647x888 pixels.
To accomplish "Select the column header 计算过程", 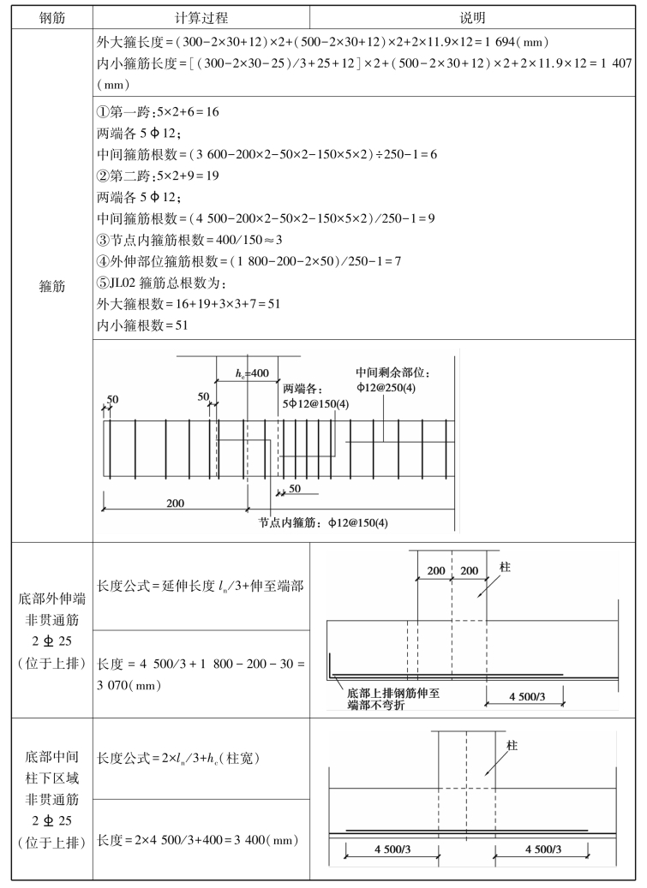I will (200, 17).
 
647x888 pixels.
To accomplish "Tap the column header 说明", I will (472, 17).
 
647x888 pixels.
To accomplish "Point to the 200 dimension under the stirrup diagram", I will (175, 503).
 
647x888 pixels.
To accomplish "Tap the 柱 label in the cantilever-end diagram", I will (503, 566).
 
